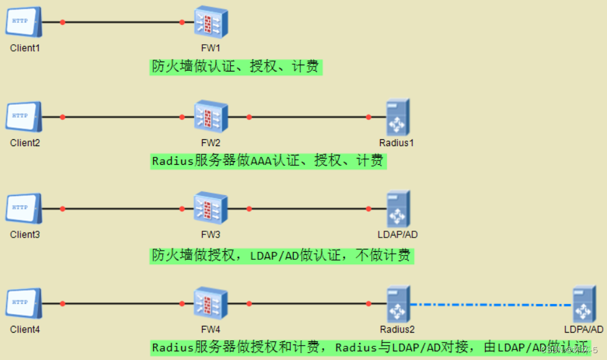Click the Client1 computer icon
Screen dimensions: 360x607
point(24,22)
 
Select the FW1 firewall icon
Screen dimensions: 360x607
point(211,22)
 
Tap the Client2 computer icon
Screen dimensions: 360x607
point(24,117)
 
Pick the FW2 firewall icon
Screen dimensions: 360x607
point(211,117)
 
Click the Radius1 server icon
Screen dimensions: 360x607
point(397,117)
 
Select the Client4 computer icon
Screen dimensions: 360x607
point(24,303)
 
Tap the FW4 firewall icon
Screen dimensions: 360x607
point(211,303)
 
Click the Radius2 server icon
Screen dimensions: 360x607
point(397,303)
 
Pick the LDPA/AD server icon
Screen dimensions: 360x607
point(584,303)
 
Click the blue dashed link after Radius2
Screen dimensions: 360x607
point(491,305)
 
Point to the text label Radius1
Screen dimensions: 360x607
point(397,143)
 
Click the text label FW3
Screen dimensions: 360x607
point(211,235)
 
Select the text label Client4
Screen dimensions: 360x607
point(25,330)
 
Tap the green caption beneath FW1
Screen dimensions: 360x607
point(236,67)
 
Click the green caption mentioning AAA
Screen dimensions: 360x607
point(268,161)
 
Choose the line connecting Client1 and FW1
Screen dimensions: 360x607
point(122,22)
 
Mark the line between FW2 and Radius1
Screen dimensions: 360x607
point(308,117)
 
